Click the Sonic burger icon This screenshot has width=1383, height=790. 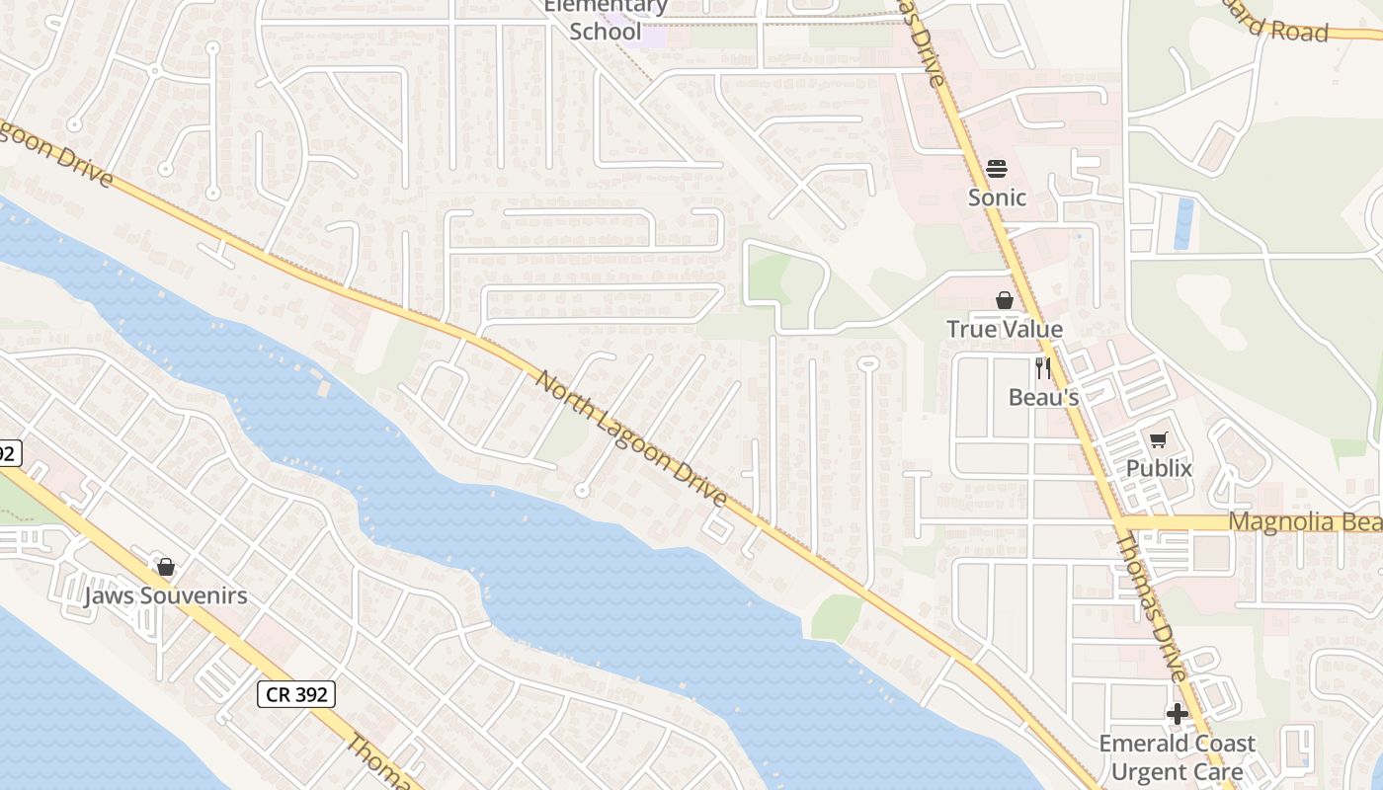pyautogui.click(x=997, y=169)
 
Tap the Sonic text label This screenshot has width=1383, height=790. pyautogui.click(x=997, y=197)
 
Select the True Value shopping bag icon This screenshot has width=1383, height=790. pyautogui.click(x=1005, y=300)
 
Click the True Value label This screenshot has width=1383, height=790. pyautogui.click(x=1005, y=330)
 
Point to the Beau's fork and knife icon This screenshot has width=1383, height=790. pyautogui.click(x=1043, y=368)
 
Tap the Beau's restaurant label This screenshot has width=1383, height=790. pyautogui.click(x=1043, y=398)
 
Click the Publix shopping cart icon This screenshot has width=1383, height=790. pyautogui.click(x=1159, y=439)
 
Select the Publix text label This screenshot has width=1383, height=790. pyautogui.click(x=1160, y=469)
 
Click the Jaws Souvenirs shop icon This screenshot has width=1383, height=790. pyautogui.click(x=166, y=567)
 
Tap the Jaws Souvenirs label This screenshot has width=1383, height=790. pyautogui.click(x=166, y=596)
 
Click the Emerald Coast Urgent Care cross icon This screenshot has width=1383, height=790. pyautogui.click(x=1177, y=713)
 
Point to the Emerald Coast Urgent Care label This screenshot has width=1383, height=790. pyautogui.click(x=1178, y=757)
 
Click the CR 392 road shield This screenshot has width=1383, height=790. pyautogui.click(x=296, y=694)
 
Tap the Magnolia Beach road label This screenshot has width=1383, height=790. pyautogui.click(x=1304, y=521)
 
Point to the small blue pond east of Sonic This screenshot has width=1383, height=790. pyautogui.click(x=1183, y=223)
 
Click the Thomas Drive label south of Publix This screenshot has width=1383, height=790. pyautogui.click(x=1151, y=606)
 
